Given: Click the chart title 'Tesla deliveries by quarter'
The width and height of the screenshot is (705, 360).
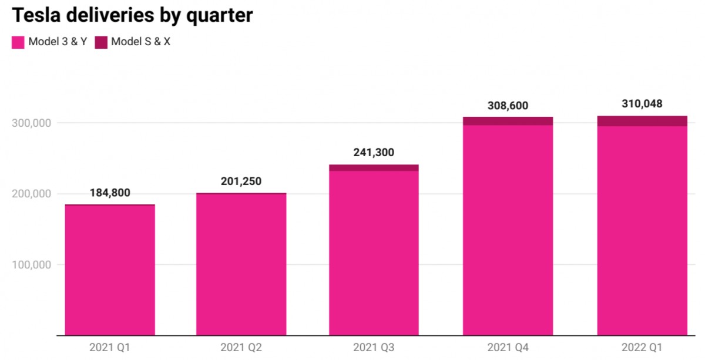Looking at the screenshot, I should pyautogui.click(x=132, y=15).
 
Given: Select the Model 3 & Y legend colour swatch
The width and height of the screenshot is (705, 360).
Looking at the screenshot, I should pyautogui.click(x=18, y=42).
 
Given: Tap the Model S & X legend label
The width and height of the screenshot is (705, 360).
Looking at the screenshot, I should pyautogui.click(x=140, y=42).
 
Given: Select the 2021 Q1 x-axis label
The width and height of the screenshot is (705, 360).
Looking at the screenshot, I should pyautogui.click(x=109, y=348).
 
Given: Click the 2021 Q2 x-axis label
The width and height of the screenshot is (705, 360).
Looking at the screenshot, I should pyautogui.click(x=241, y=348).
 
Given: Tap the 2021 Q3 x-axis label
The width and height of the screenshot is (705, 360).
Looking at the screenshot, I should pyautogui.click(x=374, y=348).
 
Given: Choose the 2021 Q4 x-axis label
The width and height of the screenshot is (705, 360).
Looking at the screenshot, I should pyautogui.click(x=508, y=348).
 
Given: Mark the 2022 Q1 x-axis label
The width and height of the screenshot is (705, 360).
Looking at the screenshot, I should pyautogui.click(x=642, y=348).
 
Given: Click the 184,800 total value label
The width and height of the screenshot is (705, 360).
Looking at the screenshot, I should pyautogui.click(x=110, y=193).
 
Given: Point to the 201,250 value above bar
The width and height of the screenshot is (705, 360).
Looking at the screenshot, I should pyautogui.click(x=241, y=181).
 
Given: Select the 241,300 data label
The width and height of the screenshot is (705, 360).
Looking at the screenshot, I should pyautogui.click(x=374, y=153).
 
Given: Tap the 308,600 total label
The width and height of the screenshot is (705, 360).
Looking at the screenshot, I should pyautogui.click(x=508, y=106).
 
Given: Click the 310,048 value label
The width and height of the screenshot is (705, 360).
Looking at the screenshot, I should pyautogui.click(x=642, y=104).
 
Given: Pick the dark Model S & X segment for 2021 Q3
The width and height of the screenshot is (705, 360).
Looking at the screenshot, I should pyautogui.click(x=374, y=168).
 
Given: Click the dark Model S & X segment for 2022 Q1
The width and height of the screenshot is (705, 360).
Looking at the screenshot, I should pyautogui.click(x=642, y=121).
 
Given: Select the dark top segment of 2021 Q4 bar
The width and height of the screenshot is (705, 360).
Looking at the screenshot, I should pyautogui.click(x=508, y=121).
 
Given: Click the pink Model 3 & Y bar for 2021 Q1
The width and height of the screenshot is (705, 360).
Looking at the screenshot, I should pyautogui.click(x=110, y=270).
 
